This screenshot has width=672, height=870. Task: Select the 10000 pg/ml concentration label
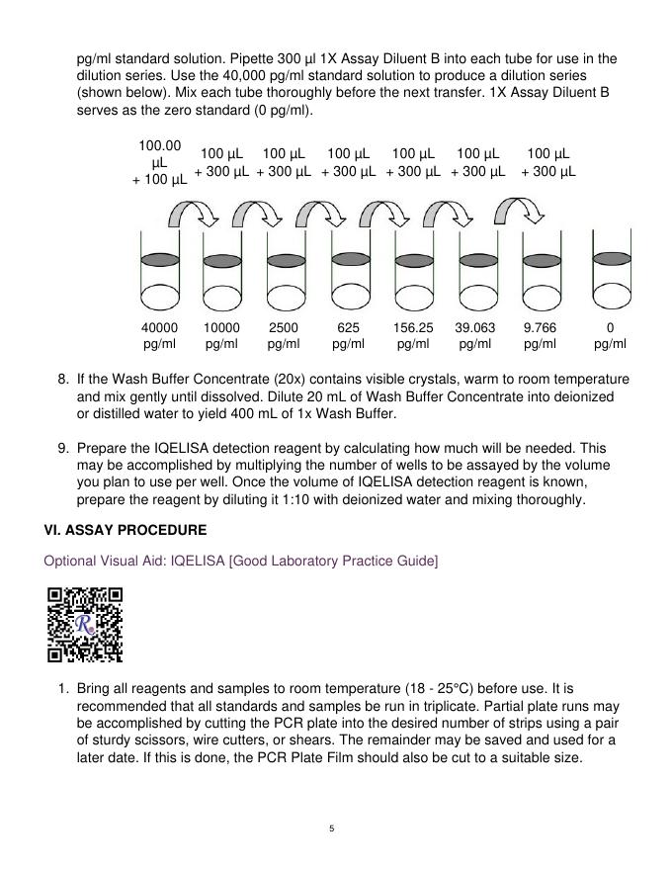(x=221, y=335)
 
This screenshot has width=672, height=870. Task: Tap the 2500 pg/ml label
(x=284, y=335)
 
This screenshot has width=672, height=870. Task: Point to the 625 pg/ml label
(x=348, y=335)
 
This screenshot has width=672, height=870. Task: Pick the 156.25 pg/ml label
(x=413, y=335)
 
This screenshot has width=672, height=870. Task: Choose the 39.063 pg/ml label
(x=475, y=335)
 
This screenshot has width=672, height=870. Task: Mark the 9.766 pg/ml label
(x=540, y=335)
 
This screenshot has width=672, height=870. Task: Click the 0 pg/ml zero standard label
(x=610, y=335)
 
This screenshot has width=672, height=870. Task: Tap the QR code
(x=85, y=624)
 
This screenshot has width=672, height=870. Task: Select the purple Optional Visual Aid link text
(x=240, y=562)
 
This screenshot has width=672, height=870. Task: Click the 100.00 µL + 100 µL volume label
(x=159, y=163)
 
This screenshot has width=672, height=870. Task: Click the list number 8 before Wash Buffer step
(x=62, y=380)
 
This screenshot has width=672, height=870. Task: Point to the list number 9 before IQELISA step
(x=62, y=448)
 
